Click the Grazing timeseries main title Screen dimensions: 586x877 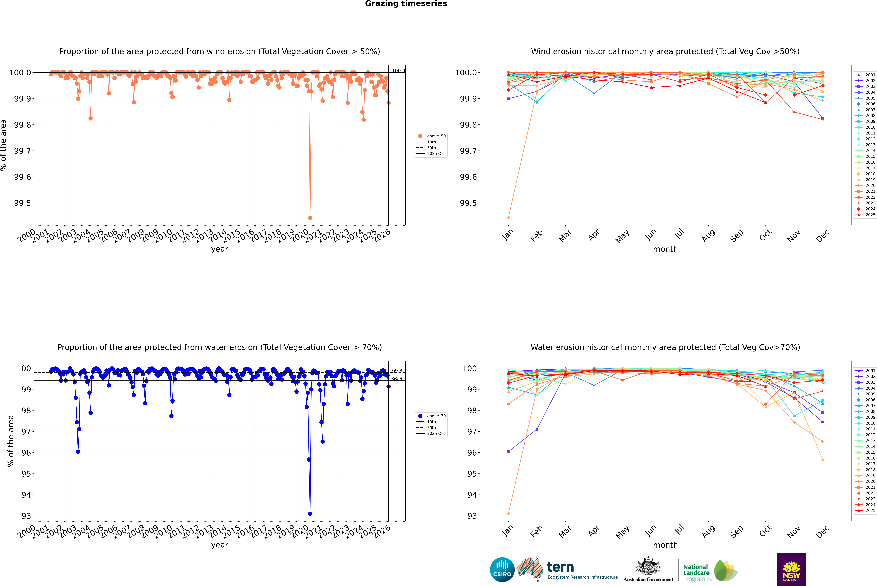pyautogui.click(x=406, y=4)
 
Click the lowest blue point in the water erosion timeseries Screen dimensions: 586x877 pyautogui.click(x=310, y=513)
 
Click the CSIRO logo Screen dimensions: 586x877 pyautogui.click(x=502, y=570)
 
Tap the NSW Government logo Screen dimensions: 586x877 pyautogui.click(x=791, y=570)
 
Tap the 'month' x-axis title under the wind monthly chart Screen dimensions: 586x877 pyautogui.click(x=665, y=249)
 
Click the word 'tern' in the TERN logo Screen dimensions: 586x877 pyautogui.click(x=560, y=567)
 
